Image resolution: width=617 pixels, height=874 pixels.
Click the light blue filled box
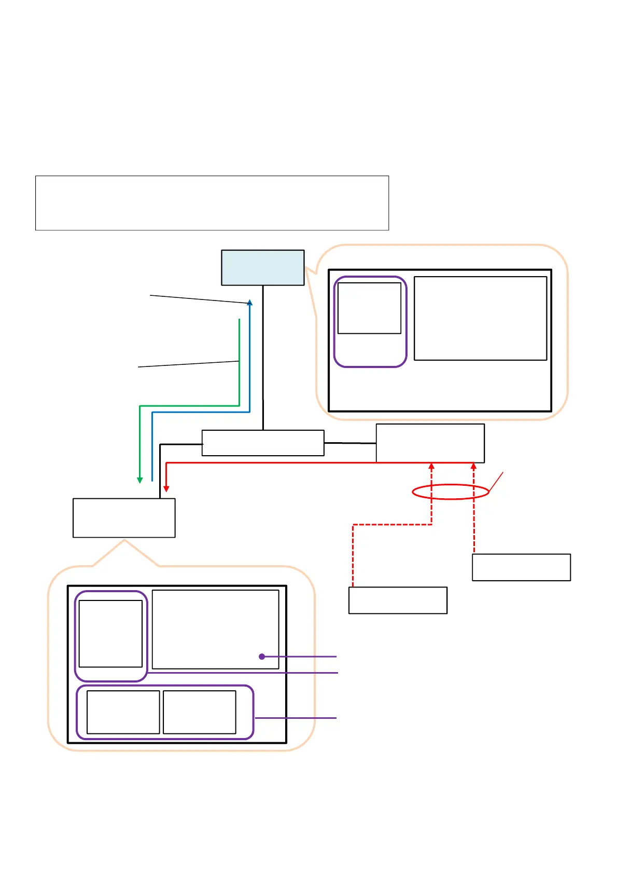pos(262,267)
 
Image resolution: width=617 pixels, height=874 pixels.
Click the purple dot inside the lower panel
pos(262,657)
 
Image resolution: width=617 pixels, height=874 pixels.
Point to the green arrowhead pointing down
pos(139,480)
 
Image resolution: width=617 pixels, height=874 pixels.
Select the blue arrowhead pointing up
pos(250,302)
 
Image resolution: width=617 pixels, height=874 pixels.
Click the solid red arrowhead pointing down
pos(166,488)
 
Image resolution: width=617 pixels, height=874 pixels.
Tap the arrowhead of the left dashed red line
pos(431,466)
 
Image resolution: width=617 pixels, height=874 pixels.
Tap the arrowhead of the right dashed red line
pos(473,466)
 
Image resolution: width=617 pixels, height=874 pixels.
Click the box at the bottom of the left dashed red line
pos(398,600)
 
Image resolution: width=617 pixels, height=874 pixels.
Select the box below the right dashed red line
pos(521,567)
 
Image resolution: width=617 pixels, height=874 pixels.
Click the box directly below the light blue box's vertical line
pos(263,443)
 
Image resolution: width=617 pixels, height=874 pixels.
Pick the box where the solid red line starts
pos(430,442)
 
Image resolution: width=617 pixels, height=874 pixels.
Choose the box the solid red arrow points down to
pos(124,517)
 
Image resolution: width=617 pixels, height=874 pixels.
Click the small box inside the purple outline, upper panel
pos(369,308)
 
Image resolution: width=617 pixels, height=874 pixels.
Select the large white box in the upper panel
pos(480,318)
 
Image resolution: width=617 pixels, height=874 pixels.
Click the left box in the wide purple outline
pos(123,712)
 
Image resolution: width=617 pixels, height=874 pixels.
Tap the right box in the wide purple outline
pos(200,712)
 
